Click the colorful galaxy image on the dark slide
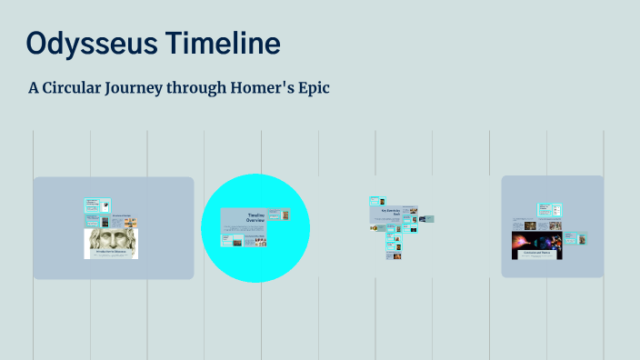click(536, 243)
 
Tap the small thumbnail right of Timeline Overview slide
click(285, 216)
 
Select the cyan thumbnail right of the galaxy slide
click(581, 240)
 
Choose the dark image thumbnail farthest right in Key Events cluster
click(426, 219)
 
